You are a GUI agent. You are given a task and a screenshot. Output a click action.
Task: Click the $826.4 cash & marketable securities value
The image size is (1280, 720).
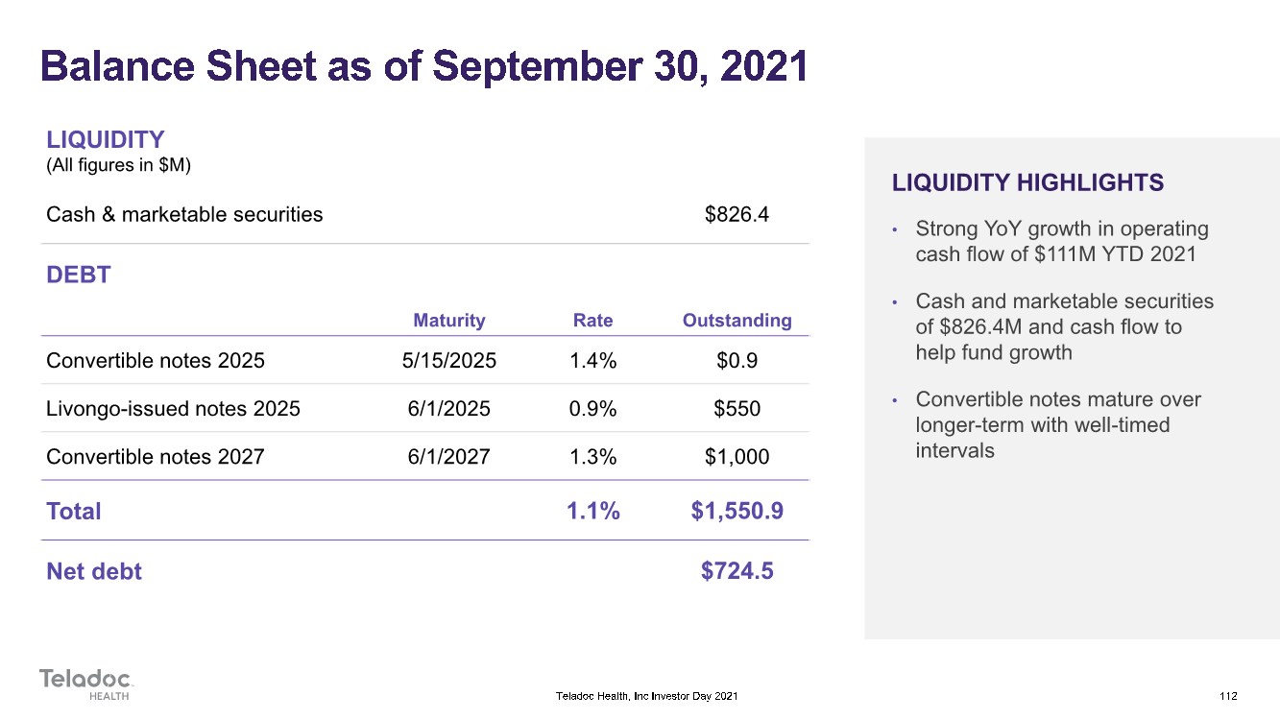point(737,214)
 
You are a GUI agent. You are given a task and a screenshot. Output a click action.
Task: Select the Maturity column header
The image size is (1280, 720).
point(449,321)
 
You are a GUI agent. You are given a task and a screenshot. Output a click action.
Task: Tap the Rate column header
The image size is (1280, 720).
point(592,320)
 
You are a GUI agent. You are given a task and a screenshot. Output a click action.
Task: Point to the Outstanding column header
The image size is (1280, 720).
point(737,321)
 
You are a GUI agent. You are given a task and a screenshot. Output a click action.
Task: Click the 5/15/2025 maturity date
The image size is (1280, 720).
point(449,361)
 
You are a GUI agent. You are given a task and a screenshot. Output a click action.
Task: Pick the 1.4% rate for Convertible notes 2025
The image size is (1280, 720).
point(593,361)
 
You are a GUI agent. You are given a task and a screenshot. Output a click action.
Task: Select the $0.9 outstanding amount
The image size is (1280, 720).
point(737,361)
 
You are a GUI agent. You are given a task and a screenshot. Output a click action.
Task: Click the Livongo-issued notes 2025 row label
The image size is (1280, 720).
point(173,409)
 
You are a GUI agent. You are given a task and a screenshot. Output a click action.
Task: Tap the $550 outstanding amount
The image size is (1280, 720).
point(737,409)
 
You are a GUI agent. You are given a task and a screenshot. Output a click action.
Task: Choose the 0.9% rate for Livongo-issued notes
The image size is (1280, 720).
point(593,409)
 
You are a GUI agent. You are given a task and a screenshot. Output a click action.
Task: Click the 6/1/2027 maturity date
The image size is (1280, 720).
point(448,457)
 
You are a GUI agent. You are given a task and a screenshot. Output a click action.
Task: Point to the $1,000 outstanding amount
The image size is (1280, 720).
point(737,457)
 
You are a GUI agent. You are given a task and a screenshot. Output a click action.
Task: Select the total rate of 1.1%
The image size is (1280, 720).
point(593,511)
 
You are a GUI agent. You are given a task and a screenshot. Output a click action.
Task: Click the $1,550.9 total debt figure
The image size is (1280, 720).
point(737,511)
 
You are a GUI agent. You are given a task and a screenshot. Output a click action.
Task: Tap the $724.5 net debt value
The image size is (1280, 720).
point(737,571)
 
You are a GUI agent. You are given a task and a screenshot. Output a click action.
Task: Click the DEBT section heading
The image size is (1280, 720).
point(79,275)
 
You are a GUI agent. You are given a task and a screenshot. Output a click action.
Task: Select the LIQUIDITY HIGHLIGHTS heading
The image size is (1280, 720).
point(1027,182)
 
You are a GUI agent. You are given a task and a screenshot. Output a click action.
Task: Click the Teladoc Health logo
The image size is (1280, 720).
point(86,684)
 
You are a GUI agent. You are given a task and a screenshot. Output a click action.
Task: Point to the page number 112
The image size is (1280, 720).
point(1228,696)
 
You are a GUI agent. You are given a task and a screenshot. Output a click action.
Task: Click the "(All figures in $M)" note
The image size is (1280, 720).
point(118,166)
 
